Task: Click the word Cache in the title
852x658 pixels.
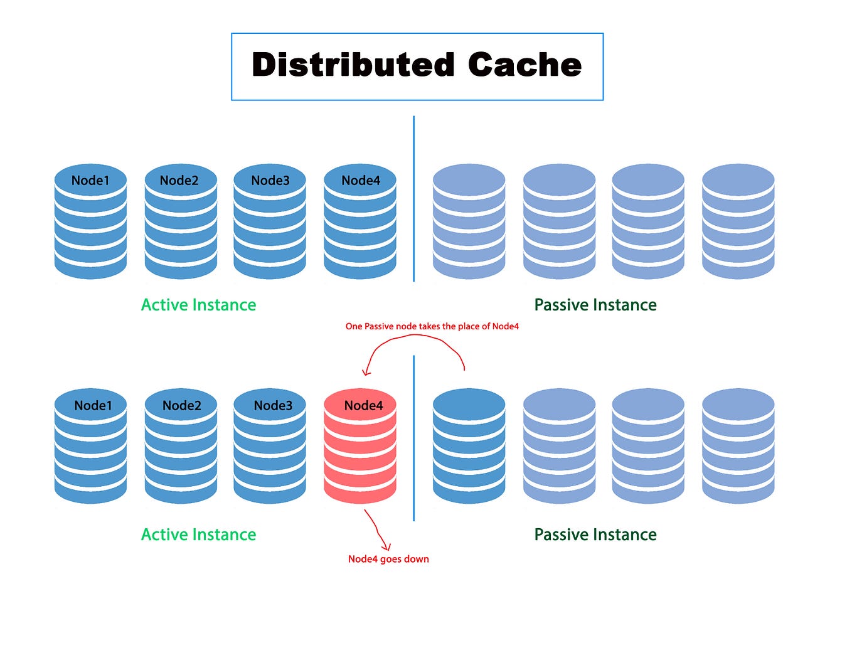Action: (525, 65)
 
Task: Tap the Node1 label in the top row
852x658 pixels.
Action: (90, 181)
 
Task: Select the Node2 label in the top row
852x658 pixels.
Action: (179, 181)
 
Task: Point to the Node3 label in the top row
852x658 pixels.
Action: (270, 181)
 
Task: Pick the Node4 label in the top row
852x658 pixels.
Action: (361, 181)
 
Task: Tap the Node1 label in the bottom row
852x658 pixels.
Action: (93, 406)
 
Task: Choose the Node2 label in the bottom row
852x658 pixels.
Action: (182, 406)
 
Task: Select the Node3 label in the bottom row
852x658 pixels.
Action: (273, 406)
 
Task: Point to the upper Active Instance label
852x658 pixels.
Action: (198, 305)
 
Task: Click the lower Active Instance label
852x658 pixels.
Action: (198, 534)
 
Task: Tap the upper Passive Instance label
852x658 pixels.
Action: (595, 305)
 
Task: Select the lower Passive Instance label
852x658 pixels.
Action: (595, 534)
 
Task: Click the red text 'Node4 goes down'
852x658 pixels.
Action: (388, 559)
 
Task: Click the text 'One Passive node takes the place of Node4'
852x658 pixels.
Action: (432, 326)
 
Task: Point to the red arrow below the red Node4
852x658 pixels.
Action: (377, 530)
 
